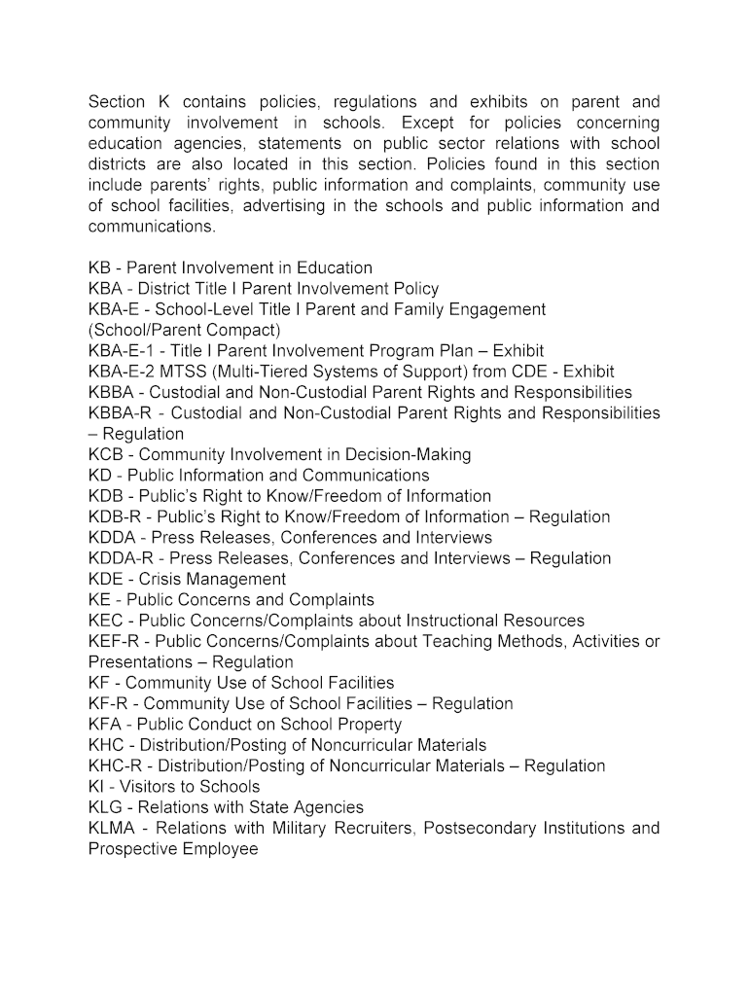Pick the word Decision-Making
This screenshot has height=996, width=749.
410,455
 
